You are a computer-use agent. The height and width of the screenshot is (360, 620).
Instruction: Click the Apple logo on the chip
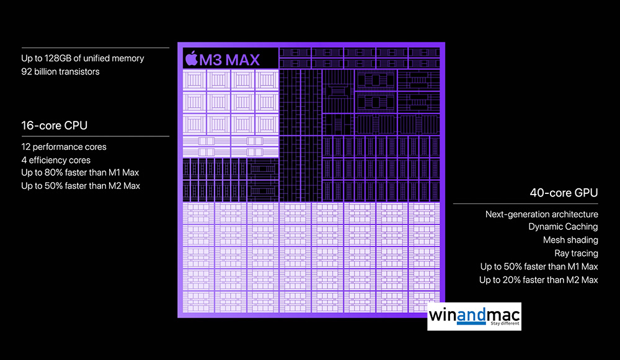(x=192, y=58)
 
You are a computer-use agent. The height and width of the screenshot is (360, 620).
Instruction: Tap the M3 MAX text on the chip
(x=230, y=60)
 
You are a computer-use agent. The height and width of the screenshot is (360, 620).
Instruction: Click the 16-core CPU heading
(x=54, y=126)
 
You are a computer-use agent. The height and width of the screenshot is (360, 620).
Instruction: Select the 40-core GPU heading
(x=564, y=193)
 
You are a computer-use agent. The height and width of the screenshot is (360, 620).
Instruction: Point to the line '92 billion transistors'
(x=61, y=71)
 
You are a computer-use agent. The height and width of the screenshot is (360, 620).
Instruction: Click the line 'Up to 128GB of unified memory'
(x=82, y=58)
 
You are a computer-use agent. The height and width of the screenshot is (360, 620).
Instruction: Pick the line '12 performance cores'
(x=64, y=147)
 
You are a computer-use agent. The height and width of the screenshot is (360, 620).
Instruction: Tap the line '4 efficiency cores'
(x=56, y=160)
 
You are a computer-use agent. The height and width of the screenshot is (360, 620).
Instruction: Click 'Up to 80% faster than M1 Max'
(x=80, y=173)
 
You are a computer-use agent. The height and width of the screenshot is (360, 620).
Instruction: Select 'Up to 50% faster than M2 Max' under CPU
(x=81, y=186)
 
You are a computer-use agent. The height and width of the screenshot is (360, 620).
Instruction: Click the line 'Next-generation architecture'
(x=542, y=214)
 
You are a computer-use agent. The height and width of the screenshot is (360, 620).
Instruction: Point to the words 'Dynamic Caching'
(x=563, y=227)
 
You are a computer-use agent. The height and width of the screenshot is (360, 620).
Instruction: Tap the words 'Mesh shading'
(x=570, y=240)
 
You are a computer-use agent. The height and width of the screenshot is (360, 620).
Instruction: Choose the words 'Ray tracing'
(x=576, y=253)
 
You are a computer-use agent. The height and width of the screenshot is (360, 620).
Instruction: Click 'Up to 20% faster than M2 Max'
(x=539, y=280)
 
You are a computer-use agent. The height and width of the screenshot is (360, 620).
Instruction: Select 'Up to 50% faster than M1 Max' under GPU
(x=539, y=266)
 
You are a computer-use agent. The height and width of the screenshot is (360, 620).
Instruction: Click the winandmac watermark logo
(x=474, y=317)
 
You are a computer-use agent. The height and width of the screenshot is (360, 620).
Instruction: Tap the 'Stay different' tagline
(x=505, y=323)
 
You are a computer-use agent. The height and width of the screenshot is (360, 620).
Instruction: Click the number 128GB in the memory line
(x=58, y=58)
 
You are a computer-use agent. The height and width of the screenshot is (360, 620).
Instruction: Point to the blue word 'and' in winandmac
(x=471, y=315)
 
